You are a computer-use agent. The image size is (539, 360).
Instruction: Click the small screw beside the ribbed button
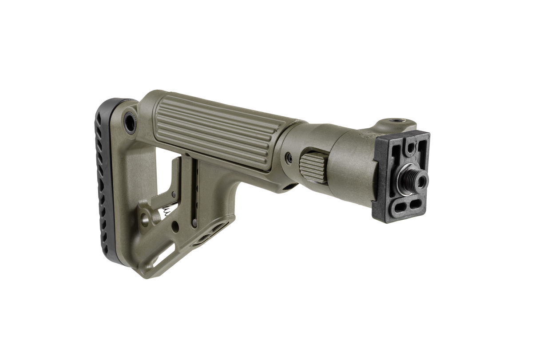(289, 157)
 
